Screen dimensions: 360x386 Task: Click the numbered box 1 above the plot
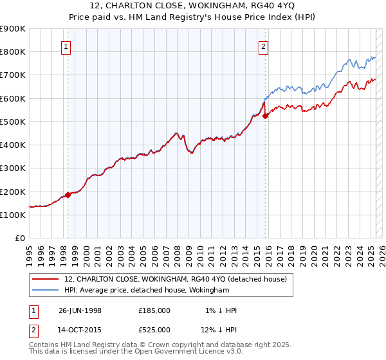coord(67,46)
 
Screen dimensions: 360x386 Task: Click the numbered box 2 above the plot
coord(264,46)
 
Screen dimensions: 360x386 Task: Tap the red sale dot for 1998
coord(68,195)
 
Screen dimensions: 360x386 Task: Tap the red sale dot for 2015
coord(265,116)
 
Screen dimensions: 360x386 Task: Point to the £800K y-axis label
coord(13,51)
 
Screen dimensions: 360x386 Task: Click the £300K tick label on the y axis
coord(13,168)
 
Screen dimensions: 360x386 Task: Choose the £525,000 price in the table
coord(154,330)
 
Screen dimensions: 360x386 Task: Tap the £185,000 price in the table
coord(154,310)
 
